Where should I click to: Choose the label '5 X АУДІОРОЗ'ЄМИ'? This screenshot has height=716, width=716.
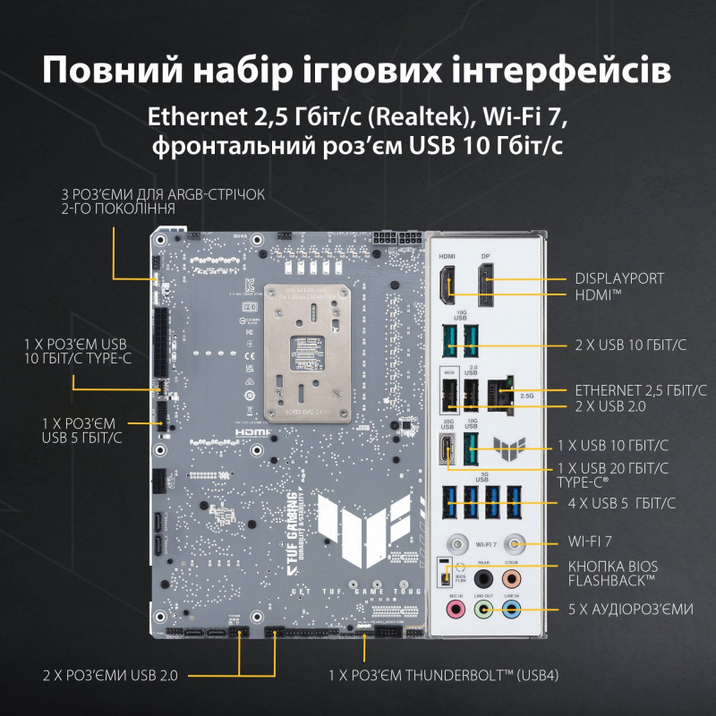[630, 609]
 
